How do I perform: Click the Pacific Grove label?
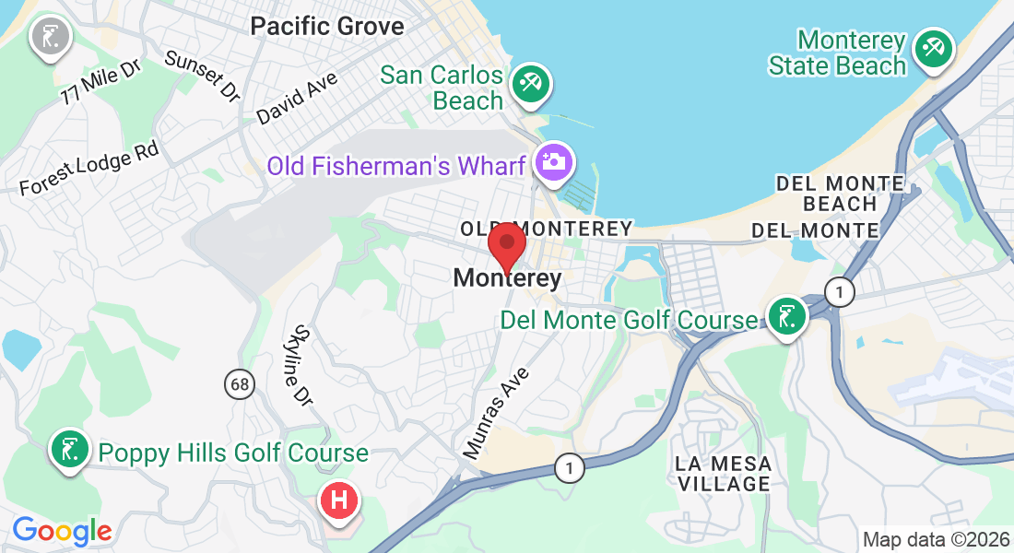tap(327, 25)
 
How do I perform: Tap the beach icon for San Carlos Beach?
tap(530, 83)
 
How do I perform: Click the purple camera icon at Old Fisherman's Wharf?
tap(554, 162)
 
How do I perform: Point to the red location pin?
tap(506, 246)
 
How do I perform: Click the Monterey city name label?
tap(507, 277)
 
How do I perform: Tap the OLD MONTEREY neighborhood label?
tap(547, 228)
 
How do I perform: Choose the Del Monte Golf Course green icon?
tap(786, 317)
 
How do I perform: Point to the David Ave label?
tap(297, 98)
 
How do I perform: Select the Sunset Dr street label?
tap(202, 75)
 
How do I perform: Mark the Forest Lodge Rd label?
tap(88, 168)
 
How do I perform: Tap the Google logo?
tap(62, 531)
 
